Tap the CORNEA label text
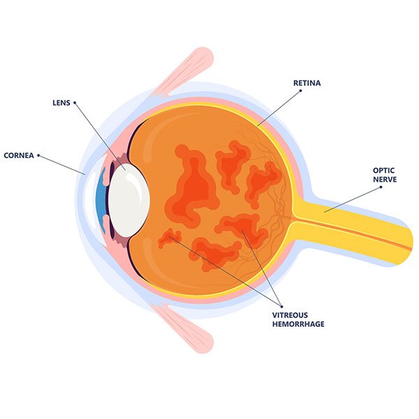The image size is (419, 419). [18, 155]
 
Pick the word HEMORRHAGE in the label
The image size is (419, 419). [298, 324]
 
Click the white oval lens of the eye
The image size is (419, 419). [128, 198]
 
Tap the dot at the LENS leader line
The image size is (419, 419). [75, 103]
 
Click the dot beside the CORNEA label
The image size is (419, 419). [38, 155]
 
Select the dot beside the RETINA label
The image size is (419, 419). [288, 83]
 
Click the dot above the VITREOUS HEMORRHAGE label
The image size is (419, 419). [281, 306]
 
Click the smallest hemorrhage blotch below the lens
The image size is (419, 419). [168, 239]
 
